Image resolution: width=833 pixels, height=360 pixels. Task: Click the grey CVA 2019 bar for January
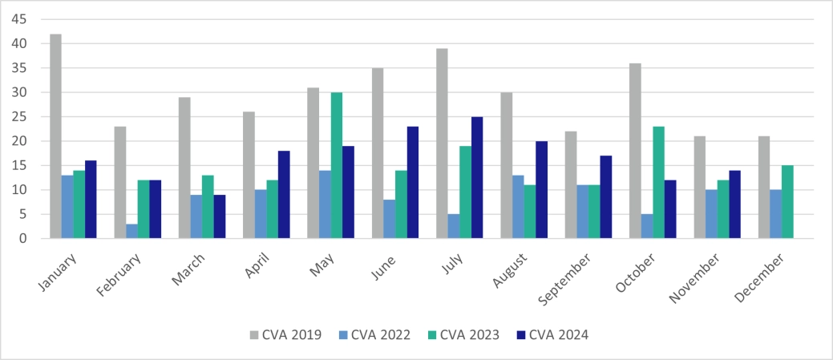pos(55,136)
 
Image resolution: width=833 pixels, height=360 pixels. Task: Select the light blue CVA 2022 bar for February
pos(131,231)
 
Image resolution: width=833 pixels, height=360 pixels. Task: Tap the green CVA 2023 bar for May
pos(337,165)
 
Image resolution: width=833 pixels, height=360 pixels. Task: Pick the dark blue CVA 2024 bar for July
pos(477,177)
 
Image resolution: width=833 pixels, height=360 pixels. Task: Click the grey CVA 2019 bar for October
pos(633,151)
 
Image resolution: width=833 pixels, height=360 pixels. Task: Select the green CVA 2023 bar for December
pos(787,202)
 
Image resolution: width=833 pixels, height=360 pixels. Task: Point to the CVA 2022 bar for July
pos(453,226)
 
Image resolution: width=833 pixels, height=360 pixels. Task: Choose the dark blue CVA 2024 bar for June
pos(413,182)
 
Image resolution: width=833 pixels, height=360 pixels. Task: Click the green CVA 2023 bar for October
pos(658,182)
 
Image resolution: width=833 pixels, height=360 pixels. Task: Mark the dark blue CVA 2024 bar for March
pos(220,216)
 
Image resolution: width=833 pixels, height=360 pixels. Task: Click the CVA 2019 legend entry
pos(286,334)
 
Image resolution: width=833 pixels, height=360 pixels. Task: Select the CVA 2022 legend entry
pos(375,334)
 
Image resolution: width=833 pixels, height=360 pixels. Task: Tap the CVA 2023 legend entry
pos(464,334)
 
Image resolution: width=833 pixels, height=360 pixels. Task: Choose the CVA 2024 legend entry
pos(553,334)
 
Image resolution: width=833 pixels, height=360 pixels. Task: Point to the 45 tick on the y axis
pos(19,19)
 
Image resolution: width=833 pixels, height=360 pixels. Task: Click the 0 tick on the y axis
pos(23,239)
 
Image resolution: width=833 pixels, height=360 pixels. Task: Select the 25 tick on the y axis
pos(19,117)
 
